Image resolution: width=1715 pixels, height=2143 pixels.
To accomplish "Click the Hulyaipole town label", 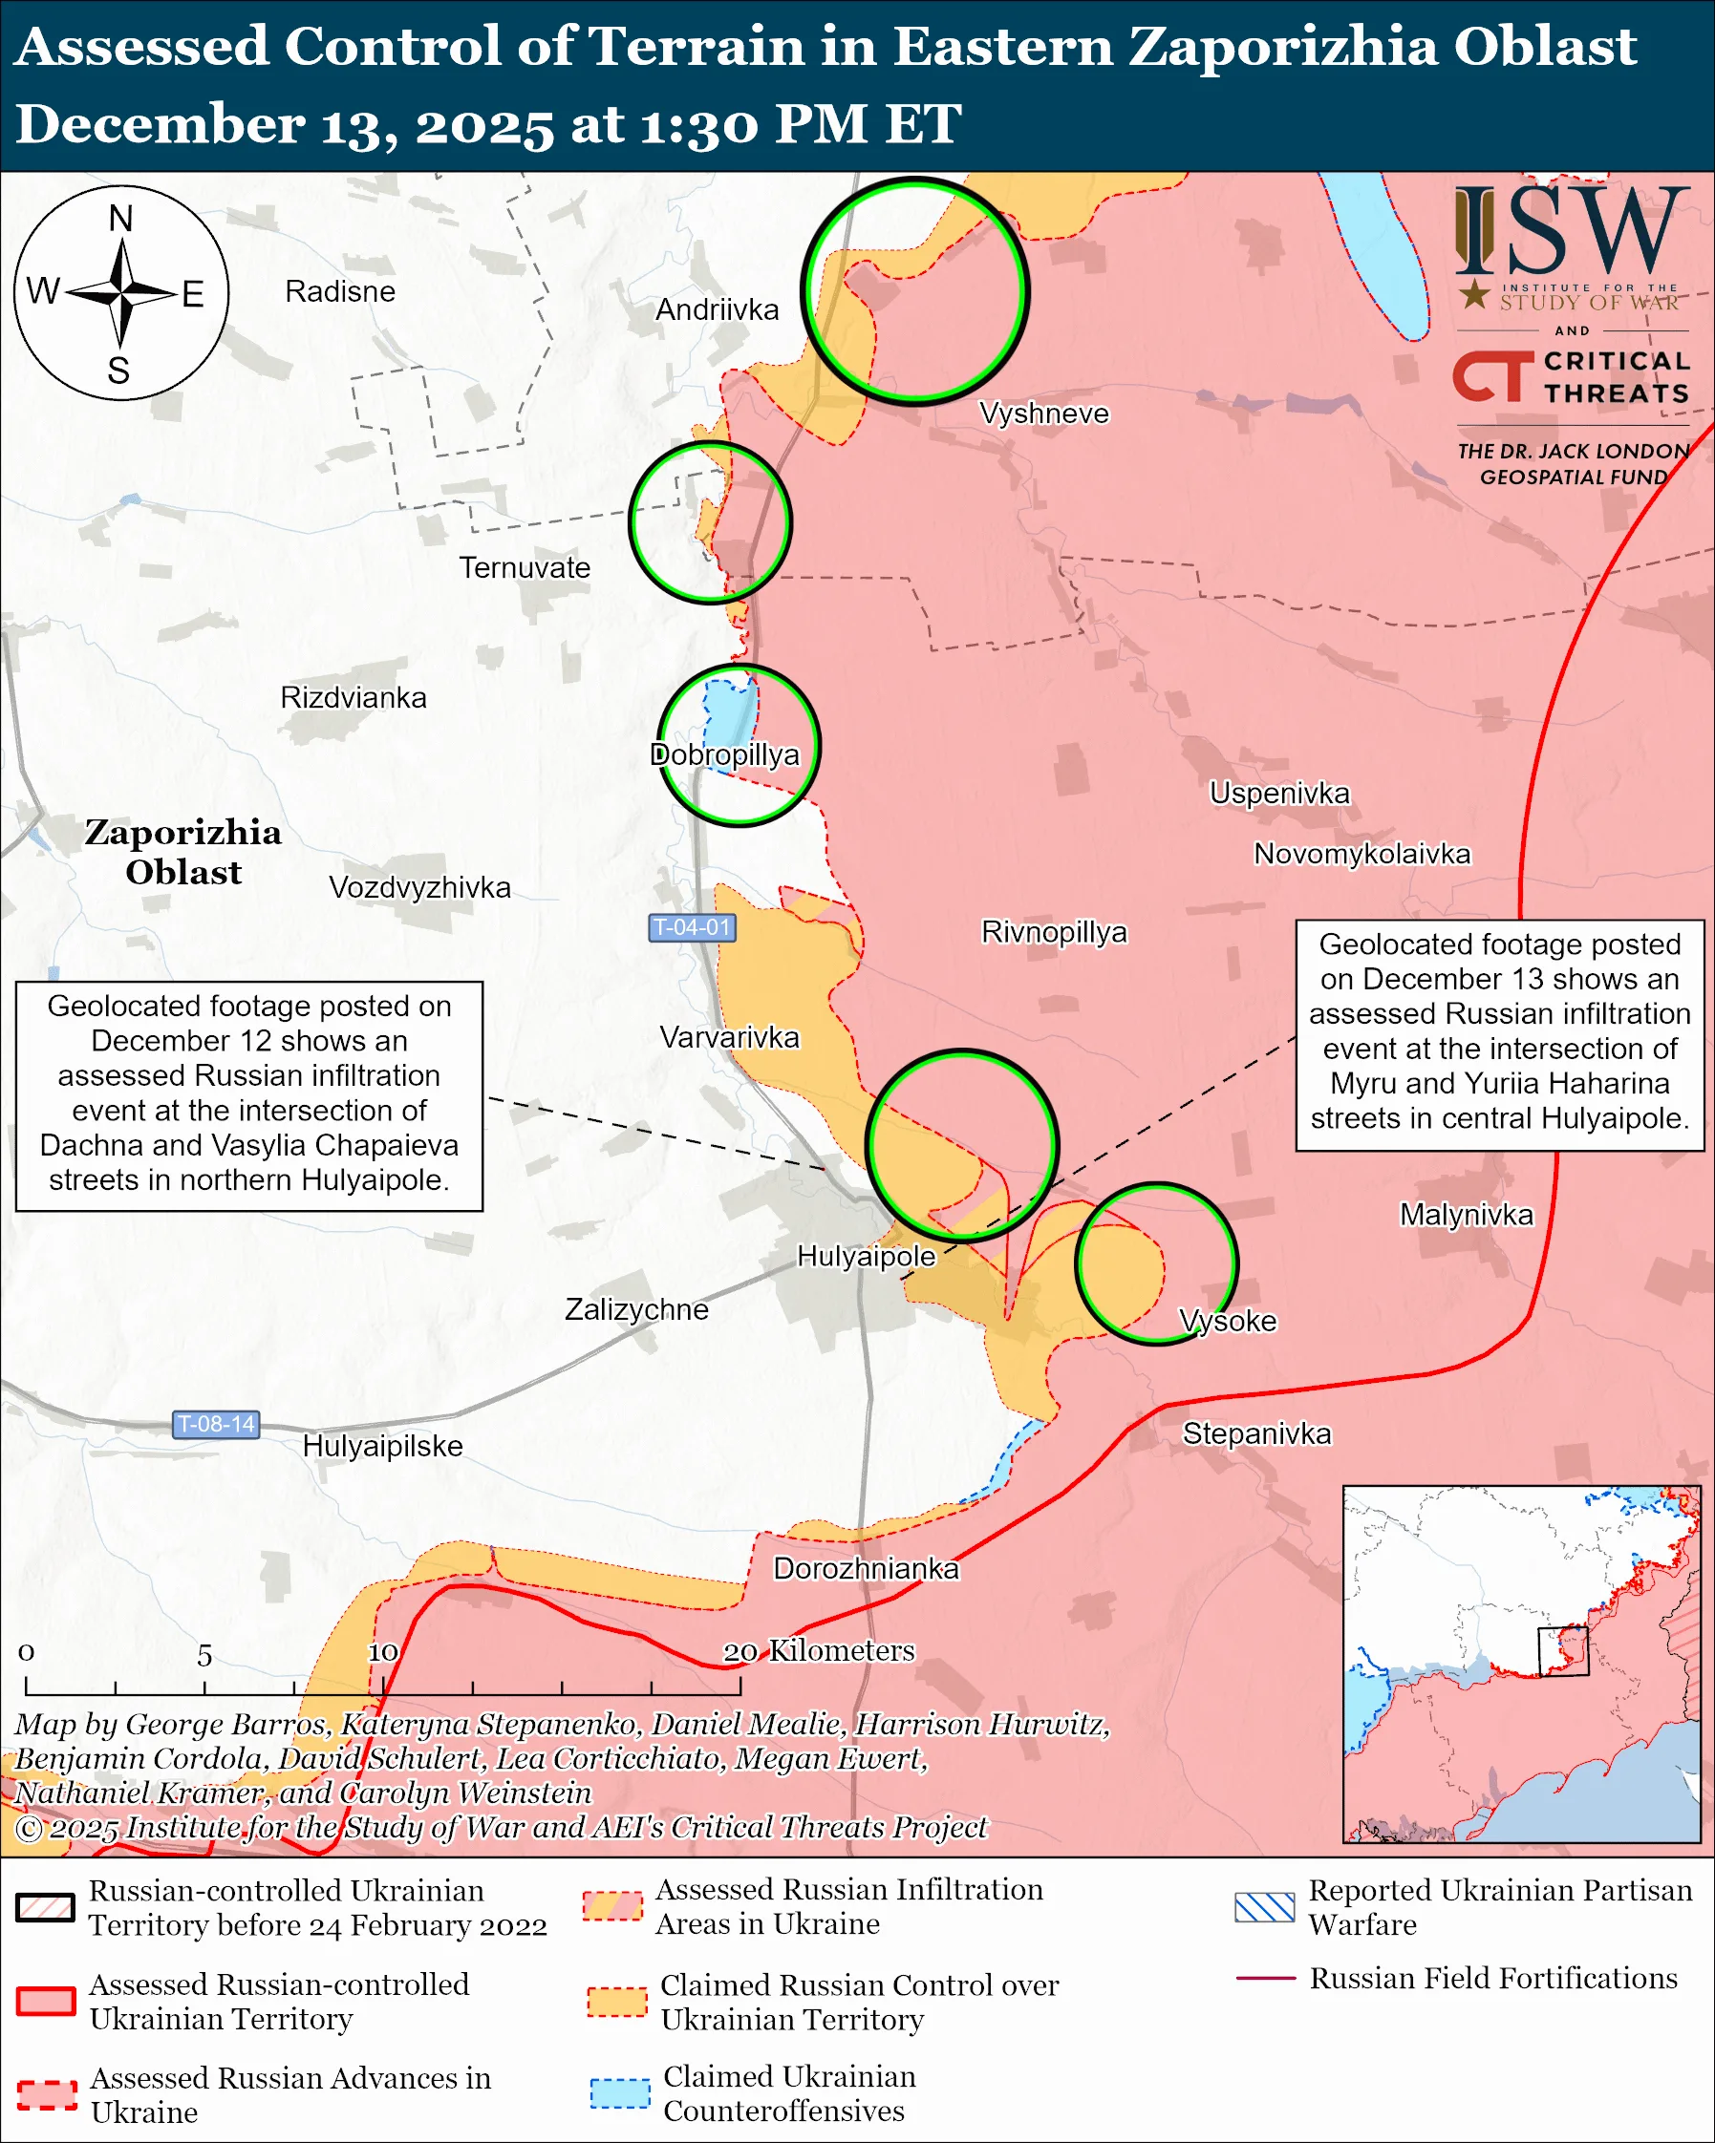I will [866, 1257].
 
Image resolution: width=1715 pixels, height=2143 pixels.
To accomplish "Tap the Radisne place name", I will [340, 291].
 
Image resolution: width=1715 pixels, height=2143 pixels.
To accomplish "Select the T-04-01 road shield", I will [692, 927].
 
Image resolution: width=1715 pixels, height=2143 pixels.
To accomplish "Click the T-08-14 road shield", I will [216, 1424].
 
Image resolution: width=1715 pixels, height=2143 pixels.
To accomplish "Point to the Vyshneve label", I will [1043, 414].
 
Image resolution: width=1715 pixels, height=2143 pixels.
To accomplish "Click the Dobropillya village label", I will [725, 755].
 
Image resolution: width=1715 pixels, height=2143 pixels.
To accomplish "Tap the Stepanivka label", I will [1255, 1433].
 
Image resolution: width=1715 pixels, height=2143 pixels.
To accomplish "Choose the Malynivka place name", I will [1466, 1215].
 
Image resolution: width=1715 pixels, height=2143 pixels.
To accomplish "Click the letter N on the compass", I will [120, 219].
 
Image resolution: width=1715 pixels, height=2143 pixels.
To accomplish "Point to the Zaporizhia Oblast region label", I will [182, 852].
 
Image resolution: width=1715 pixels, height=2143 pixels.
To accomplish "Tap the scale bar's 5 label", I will [204, 1656].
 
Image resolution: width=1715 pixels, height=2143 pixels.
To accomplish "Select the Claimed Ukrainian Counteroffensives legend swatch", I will [619, 2093].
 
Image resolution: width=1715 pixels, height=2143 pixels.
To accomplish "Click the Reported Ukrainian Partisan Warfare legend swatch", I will [1265, 1907].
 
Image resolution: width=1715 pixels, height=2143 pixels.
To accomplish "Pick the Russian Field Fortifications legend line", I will [1265, 1979].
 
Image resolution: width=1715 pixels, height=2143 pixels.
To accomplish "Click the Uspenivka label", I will [1278, 794].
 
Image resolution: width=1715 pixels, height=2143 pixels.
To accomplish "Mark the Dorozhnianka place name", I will [866, 1568].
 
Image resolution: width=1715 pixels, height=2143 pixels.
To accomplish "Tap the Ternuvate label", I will [524, 567].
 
